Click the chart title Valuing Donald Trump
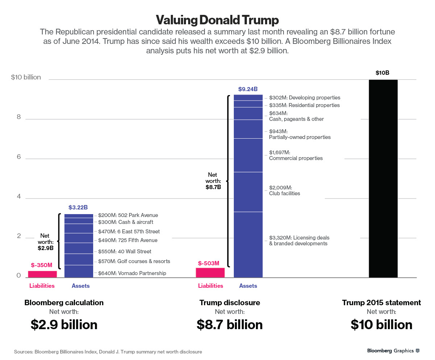[x=217, y=20]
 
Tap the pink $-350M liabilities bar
[x=42, y=274]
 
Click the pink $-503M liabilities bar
[x=210, y=273]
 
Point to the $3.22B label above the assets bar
[x=78, y=208]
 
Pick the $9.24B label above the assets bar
[x=248, y=89]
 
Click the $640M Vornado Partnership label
[x=132, y=273]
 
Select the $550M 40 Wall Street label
[x=124, y=251]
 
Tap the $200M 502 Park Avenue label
[x=128, y=215]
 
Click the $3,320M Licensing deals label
[x=299, y=241]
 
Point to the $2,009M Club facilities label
[x=285, y=191]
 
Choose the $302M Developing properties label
[x=304, y=97]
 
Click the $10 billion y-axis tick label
[x=26, y=77]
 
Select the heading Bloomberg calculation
[x=64, y=303]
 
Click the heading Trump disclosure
[x=230, y=303]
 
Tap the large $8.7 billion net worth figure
[x=230, y=324]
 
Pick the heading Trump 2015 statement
[x=381, y=303]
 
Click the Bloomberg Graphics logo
[x=393, y=351]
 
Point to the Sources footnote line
[x=108, y=352]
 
